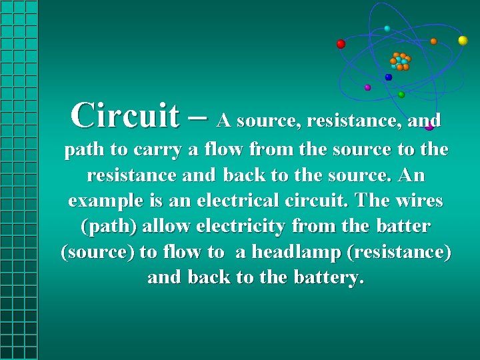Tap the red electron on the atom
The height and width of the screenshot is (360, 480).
[x=341, y=44]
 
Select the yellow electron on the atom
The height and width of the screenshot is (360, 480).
[x=463, y=41]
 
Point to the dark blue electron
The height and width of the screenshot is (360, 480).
[x=389, y=77]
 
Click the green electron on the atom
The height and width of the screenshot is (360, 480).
[x=401, y=95]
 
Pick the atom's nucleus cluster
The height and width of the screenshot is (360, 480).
[x=401, y=61]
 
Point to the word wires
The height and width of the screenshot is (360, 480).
[x=417, y=201]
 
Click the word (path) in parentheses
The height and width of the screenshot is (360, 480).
[x=109, y=226]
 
